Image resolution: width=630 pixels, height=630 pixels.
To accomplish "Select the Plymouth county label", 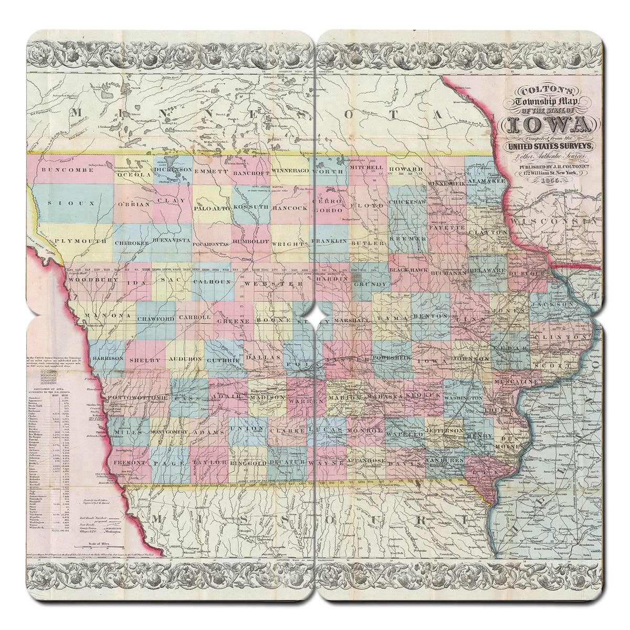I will tap(80, 240).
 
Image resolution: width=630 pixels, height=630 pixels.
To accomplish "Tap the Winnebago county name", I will tap(291, 172).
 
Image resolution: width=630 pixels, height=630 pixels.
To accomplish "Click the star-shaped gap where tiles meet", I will tap(315, 315).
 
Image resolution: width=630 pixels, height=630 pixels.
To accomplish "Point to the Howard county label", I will tap(406, 169).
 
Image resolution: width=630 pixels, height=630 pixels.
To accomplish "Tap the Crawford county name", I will tap(155, 319).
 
